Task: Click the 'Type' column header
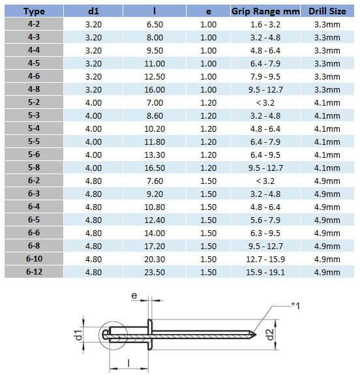(33, 12)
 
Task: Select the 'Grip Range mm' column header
(264, 12)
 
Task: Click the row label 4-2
(33, 25)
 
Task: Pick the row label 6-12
(33, 272)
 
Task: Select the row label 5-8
(33, 168)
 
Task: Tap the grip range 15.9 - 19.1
(264, 272)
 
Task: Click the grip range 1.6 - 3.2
(264, 25)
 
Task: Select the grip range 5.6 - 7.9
(264, 220)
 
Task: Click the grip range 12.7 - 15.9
(264, 259)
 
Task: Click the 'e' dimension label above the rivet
(134, 296)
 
